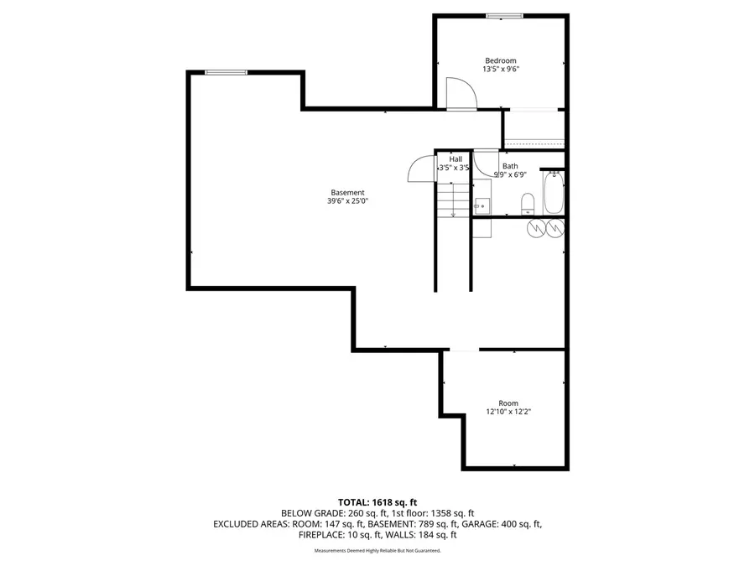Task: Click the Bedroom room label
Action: (500, 60)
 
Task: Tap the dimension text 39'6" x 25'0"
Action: (347, 201)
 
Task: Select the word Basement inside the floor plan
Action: (347, 192)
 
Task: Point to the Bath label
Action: (510, 166)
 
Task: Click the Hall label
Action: (456, 158)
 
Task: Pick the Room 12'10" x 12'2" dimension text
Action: (508, 412)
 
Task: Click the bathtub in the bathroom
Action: (553, 194)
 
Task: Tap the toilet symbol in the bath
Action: (528, 204)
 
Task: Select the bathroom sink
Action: (482, 204)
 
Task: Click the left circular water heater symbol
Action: (534, 228)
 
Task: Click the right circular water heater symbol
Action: (555, 228)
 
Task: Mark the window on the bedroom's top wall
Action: (505, 14)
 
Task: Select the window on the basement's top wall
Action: (226, 73)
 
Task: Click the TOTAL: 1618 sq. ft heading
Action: (377, 501)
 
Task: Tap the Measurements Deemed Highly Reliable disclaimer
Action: (377, 551)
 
